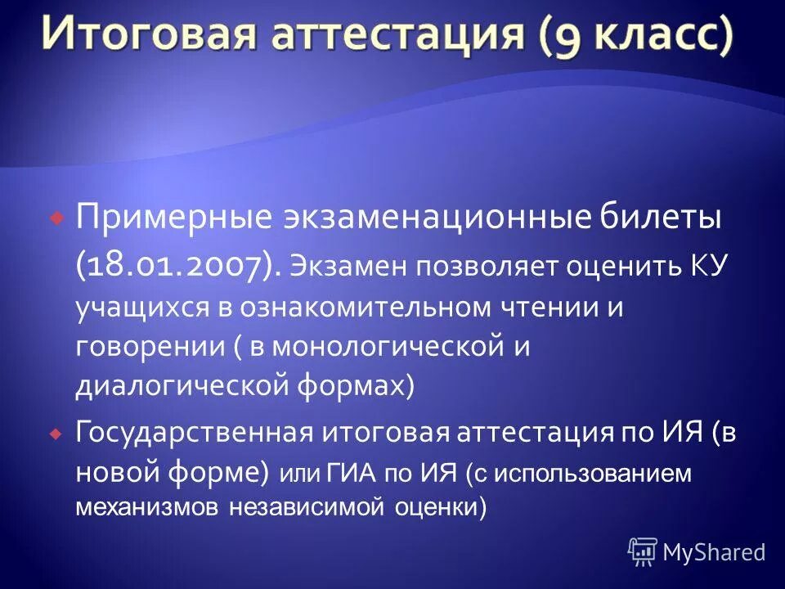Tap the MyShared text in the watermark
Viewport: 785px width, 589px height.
(714, 552)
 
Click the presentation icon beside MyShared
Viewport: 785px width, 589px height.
(642, 552)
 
